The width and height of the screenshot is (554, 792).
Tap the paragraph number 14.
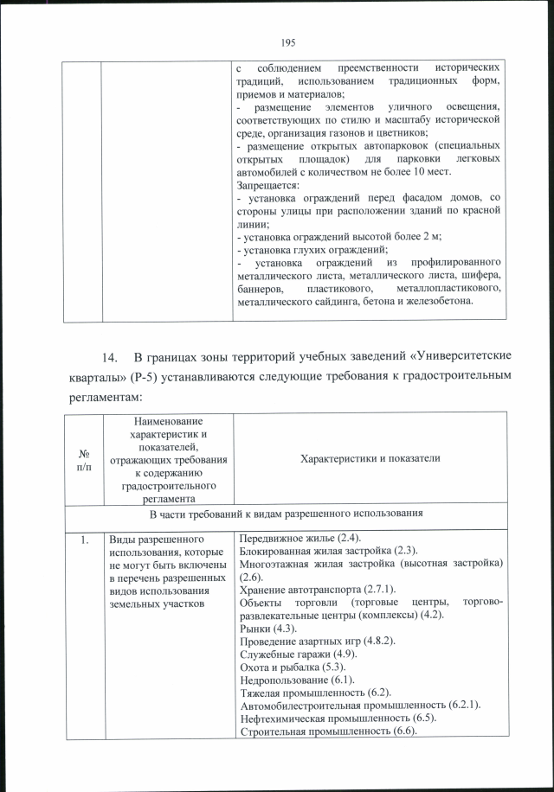point(109,357)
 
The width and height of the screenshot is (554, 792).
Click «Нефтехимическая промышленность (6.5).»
point(338,719)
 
